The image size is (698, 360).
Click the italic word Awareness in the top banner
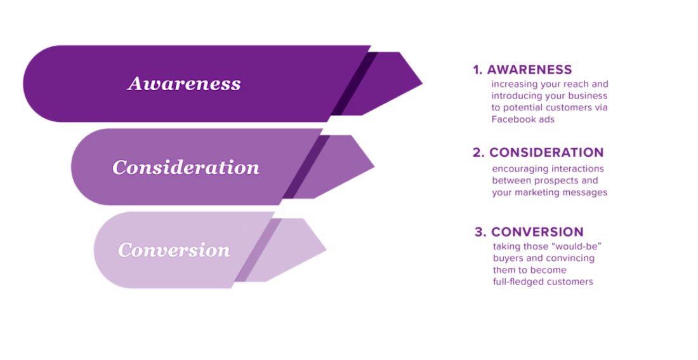(184, 84)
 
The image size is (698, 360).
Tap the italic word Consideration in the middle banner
(186, 168)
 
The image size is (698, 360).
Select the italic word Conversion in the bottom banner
(174, 250)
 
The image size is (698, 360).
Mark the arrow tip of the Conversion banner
(321, 249)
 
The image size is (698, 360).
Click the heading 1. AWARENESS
(522, 70)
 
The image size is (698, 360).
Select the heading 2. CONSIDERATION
(538, 153)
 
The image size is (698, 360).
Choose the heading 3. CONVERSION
(529, 232)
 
